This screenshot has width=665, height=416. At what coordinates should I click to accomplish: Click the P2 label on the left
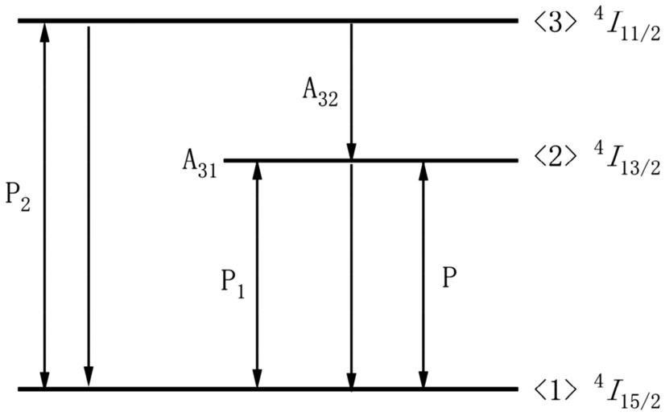pyautogui.click(x=18, y=200)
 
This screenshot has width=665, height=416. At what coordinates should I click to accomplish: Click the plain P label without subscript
pyautogui.click(x=450, y=278)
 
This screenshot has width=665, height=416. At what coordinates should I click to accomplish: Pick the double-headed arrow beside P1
pyautogui.click(x=258, y=274)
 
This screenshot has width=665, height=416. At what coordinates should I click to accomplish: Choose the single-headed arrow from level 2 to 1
pyautogui.click(x=351, y=274)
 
